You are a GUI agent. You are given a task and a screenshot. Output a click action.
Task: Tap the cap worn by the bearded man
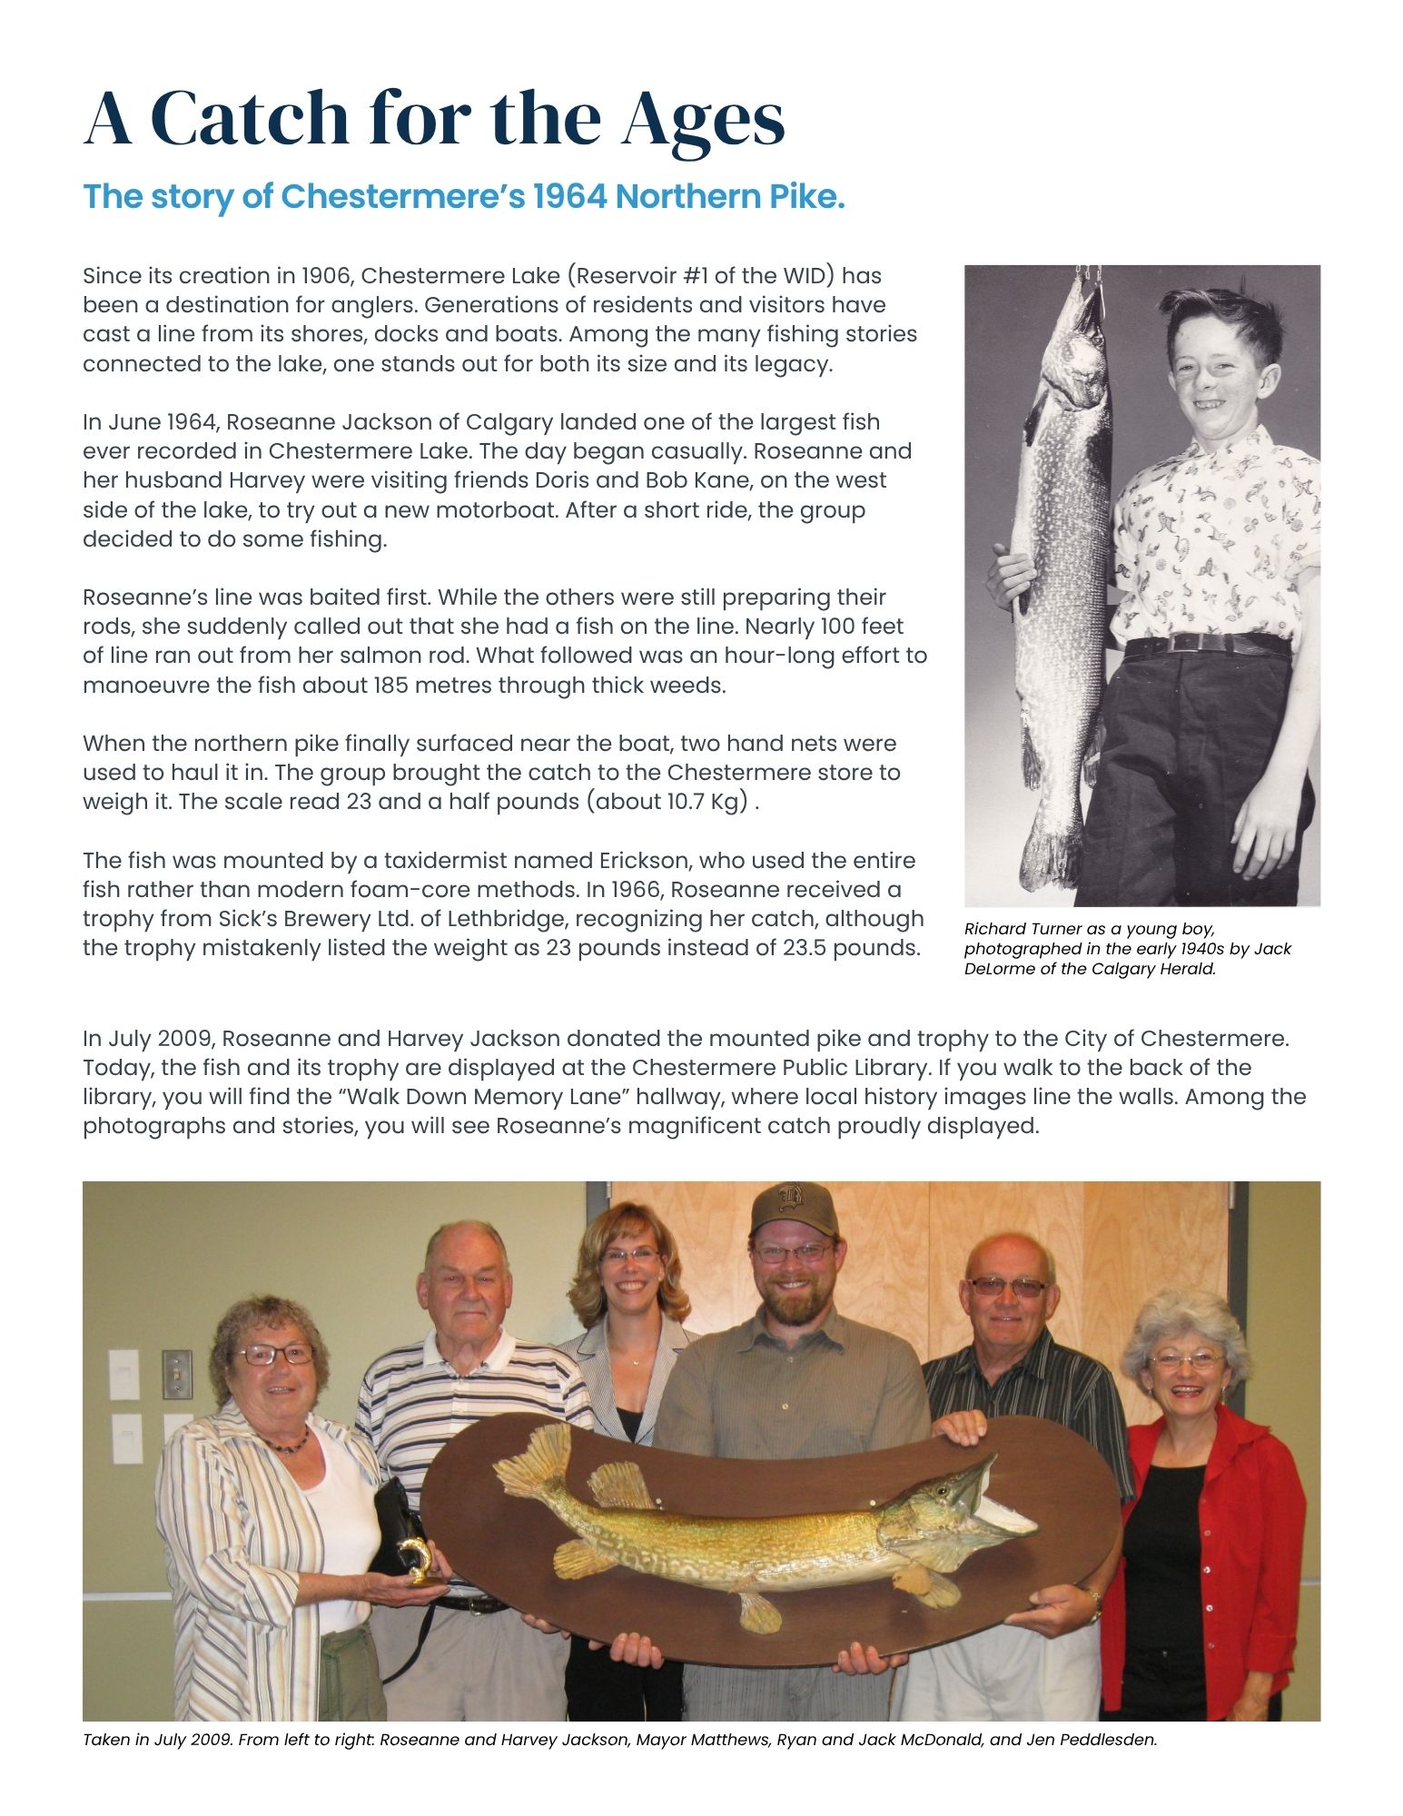(794, 1207)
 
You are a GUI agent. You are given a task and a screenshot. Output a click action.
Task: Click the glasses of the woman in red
(1185, 1359)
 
